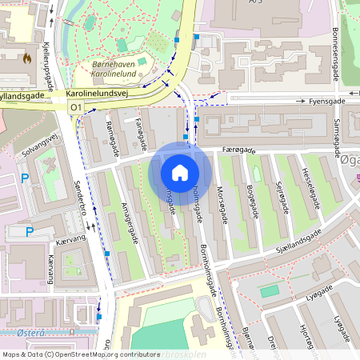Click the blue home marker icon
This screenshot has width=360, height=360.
point(180,172)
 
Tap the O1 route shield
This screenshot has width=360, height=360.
point(77,106)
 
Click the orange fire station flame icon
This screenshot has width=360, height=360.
point(28,58)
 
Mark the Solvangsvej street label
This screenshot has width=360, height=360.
point(40,142)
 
